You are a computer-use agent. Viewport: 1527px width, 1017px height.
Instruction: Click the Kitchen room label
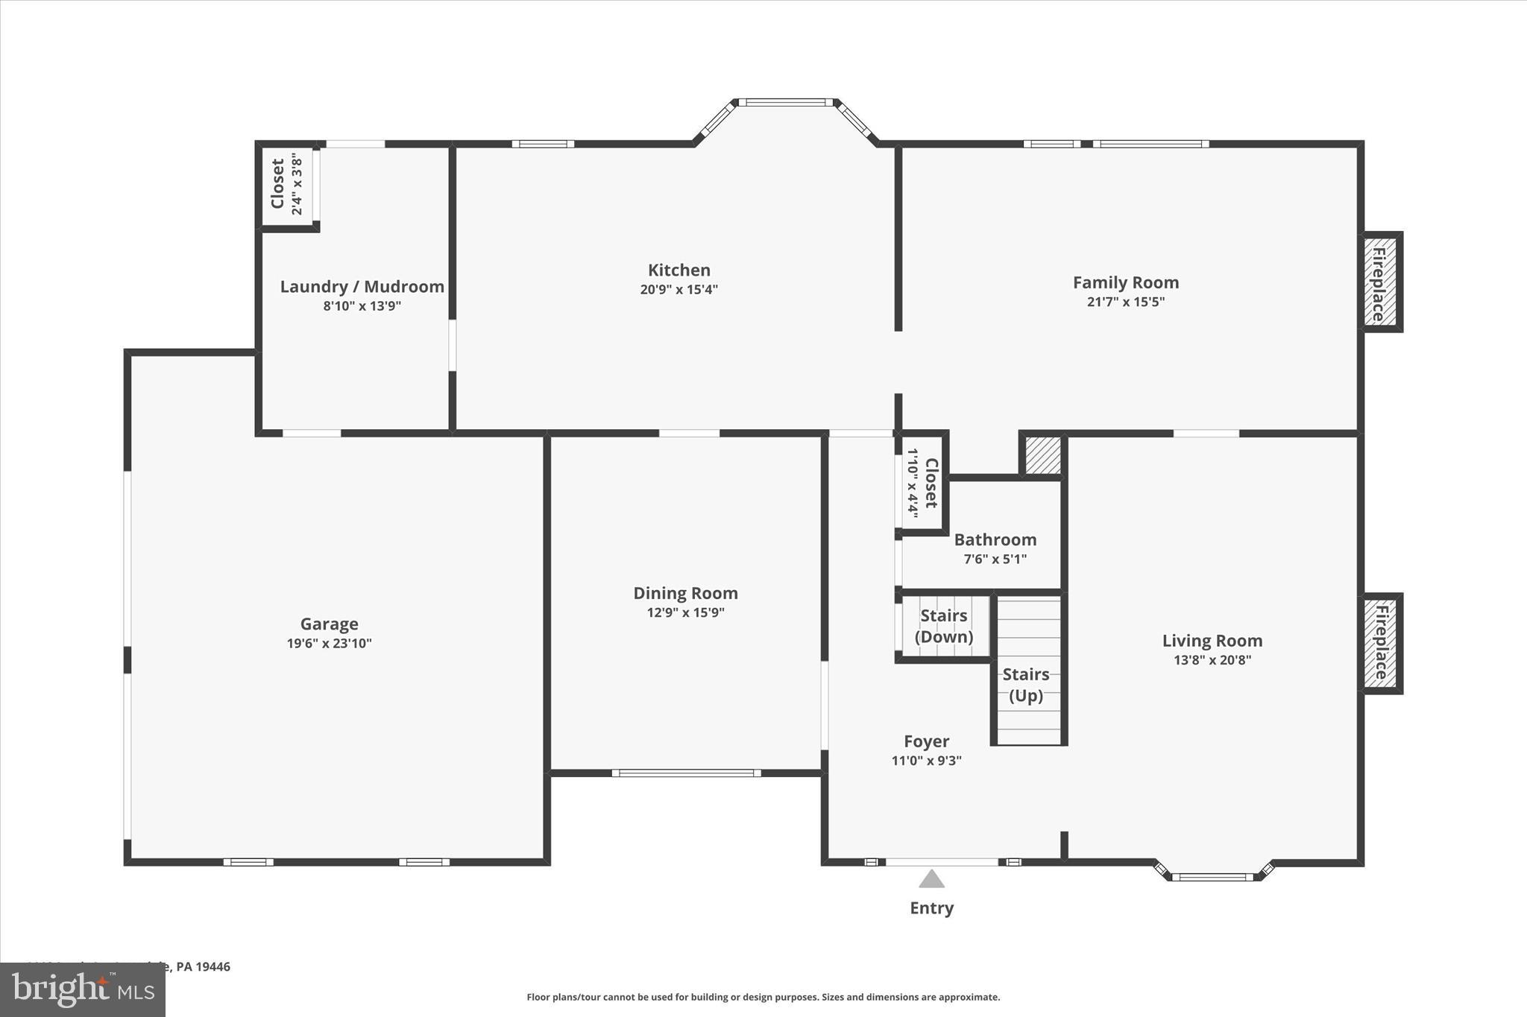(x=679, y=270)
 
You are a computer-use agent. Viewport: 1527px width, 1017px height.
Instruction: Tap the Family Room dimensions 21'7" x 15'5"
(x=1125, y=302)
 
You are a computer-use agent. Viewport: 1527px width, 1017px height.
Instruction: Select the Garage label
(x=329, y=624)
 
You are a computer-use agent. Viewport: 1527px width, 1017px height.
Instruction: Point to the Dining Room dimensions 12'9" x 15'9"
(x=685, y=612)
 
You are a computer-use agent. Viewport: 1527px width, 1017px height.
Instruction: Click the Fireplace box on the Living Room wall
(x=1380, y=643)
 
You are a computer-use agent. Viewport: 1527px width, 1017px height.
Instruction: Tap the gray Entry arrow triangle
(x=931, y=880)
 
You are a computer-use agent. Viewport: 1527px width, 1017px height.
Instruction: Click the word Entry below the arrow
(x=931, y=907)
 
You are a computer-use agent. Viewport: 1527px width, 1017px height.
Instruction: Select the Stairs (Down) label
(x=944, y=626)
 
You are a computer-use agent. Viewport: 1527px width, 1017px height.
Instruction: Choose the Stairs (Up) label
(x=1025, y=685)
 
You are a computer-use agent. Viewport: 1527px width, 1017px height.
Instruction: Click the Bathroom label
(x=995, y=539)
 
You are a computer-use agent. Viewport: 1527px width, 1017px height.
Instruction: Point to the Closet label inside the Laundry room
(x=278, y=184)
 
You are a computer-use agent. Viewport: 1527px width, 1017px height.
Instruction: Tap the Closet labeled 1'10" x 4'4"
(x=922, y=483)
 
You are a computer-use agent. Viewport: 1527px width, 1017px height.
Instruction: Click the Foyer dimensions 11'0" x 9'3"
(x=926, y=761)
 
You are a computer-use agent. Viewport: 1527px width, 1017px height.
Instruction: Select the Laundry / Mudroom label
(x=362, y=287)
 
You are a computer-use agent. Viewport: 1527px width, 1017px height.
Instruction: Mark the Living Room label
(x=1212, y=641)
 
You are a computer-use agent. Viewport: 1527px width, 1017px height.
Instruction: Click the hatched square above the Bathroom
(x=1042, y=454)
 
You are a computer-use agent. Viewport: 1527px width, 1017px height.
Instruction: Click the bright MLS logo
(x=83, y=989)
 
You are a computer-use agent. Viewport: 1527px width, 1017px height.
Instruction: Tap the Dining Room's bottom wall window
(x=686, y=773)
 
